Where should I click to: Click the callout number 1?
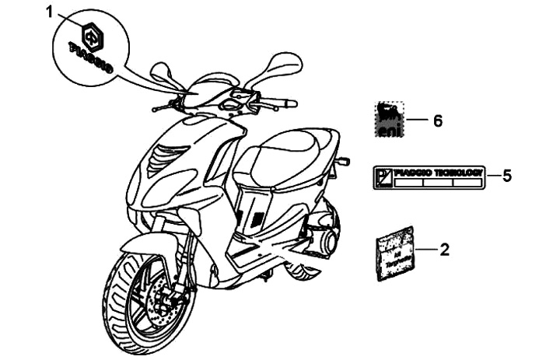coord(50,12)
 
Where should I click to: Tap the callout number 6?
coord(437,121)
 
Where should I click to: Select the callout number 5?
coord(506,175)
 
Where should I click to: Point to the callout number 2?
coord(444,250)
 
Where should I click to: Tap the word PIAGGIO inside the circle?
coord(91,60)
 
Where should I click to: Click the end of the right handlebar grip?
coord(293,102)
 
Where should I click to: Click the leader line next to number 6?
coord(418,121)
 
